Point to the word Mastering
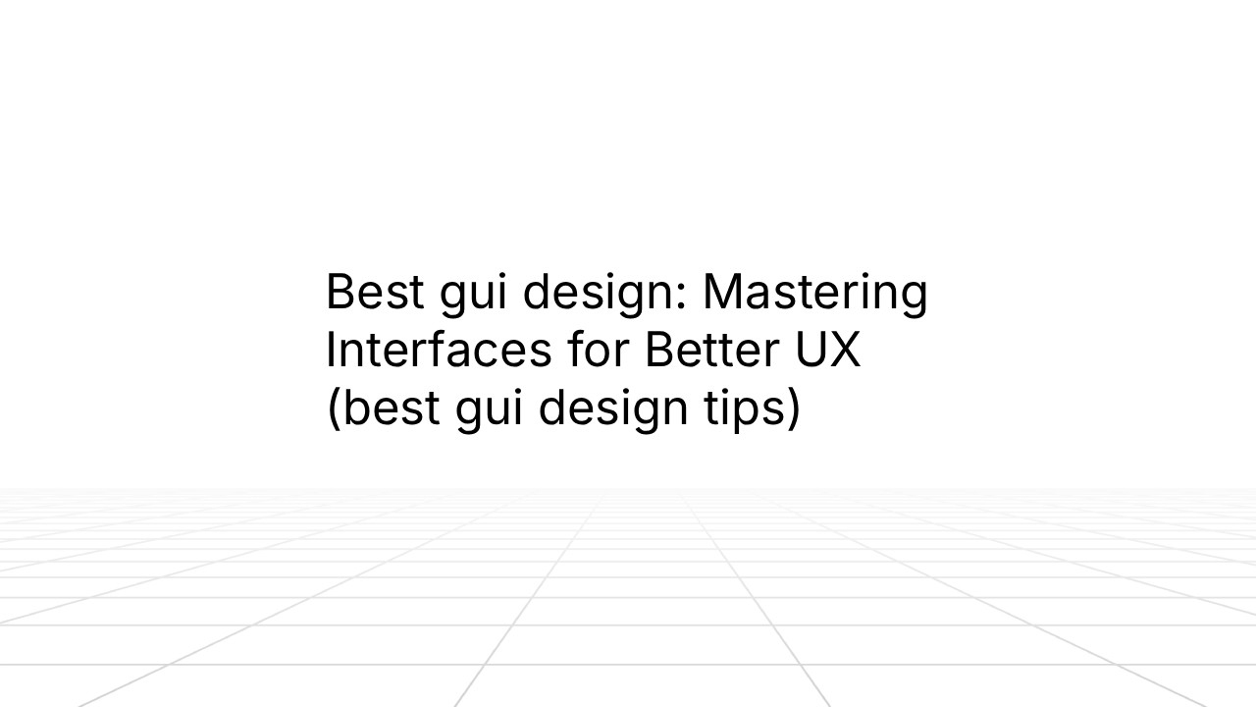pos(814,294)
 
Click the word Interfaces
pos(438,351)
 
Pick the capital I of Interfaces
pos(330,351)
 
